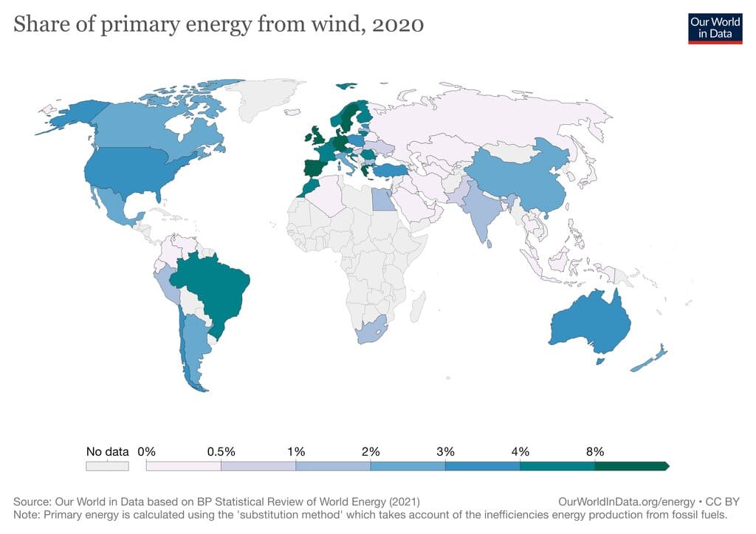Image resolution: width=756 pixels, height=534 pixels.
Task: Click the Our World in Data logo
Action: point(715,27)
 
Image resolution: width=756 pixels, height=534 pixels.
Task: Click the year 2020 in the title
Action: point(398,24)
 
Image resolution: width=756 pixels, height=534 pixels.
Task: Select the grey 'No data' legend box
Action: point(107,466)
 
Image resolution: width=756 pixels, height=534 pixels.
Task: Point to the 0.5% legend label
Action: point(221,451)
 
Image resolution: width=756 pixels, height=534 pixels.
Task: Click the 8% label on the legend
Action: point(595,451)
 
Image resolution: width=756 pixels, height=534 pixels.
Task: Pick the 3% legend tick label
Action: point(445,451)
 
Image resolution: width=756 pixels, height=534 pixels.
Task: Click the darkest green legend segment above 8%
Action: point(630,466)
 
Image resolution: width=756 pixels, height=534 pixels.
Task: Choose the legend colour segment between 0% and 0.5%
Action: point(184,466)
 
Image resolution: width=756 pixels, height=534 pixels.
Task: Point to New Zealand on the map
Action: point(650,359)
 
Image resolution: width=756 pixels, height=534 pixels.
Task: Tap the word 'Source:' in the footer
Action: point(32,500)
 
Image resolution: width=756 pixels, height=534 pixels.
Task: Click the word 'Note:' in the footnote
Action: point(26,513)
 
